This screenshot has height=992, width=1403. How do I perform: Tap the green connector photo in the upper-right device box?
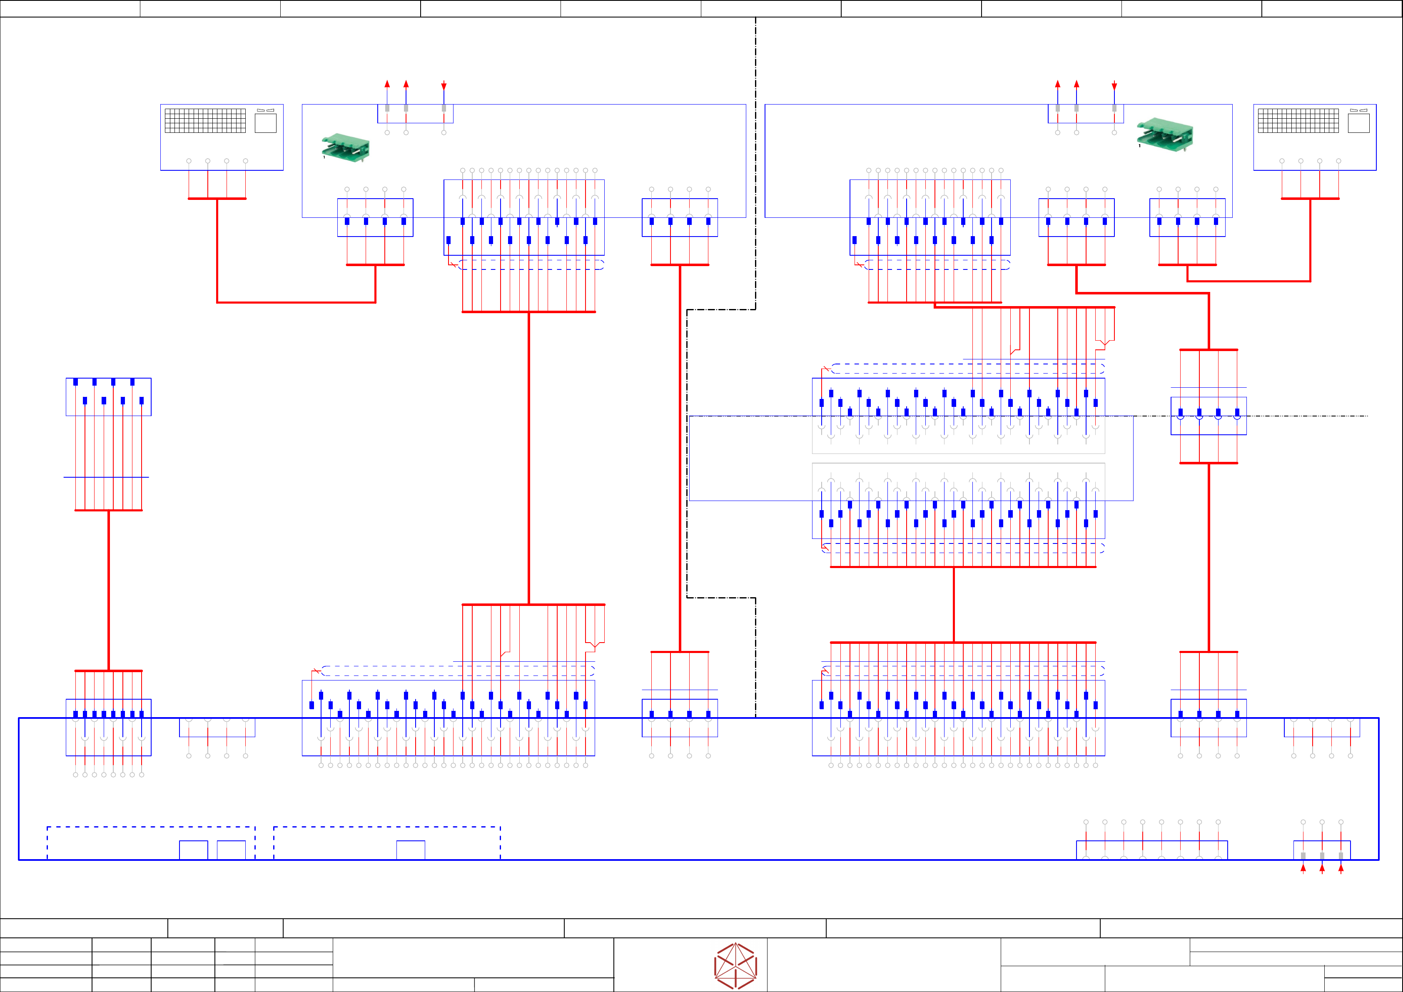click(x=1165, y=134)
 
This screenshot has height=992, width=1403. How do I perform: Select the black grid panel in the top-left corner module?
click(x=205, y=120)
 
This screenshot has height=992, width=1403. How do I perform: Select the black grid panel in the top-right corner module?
click(x=1298, y=120)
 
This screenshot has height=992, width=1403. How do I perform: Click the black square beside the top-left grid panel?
click(x=265, y=123)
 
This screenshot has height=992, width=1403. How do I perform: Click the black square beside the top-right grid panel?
click(x=1358, y=123)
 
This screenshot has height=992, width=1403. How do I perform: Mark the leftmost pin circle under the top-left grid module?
click(x=189, y=161)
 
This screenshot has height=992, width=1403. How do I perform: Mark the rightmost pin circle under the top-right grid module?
click(x=1338, y=161)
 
